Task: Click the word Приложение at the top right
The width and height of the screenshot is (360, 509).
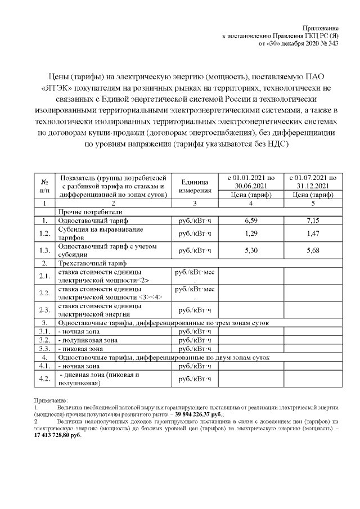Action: pyautogui.click(x=321, y=28)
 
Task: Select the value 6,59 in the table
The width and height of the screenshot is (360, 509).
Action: pyautogui.click(x=251, y=221)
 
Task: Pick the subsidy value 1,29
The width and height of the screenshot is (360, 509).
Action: pyautogui.click(x=251, y=233)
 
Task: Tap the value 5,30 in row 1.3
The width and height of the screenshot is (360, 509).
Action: pyautogui.click(x=251, y=250)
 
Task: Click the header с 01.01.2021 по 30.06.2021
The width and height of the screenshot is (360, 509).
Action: pyautogui.click(x=251, y=181)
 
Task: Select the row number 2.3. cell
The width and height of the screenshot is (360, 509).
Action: pyautogui.click(x=44, y=310)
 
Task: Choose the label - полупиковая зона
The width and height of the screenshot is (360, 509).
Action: pyautogui.click(x=88, y=340)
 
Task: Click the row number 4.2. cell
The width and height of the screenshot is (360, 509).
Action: pyautogui.click(x=44, y=379)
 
